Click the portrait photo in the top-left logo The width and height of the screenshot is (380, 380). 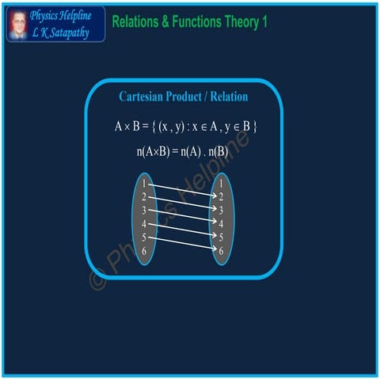pyautogui.click(x=17, y=24)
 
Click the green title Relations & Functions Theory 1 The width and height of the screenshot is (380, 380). pyautogui.click(x=189, y=21)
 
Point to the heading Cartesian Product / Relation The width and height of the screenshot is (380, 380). pyautogui.click(x=183, y=97)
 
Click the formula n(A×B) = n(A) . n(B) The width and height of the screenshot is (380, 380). pyautogui.click(x=183, y=150)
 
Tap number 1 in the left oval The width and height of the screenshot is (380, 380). pyautogui.click(x=144, y=184)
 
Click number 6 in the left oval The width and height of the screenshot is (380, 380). pyautogui.click(x=144, y=251)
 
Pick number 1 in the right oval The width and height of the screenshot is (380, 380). pyautogui.click(x=222, y=184)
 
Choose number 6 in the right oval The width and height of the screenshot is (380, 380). pyautogui.click(x=222, y=251)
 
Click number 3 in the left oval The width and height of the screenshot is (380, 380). pyautogui.click(x=144, y=211)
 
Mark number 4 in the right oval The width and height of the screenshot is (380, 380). pyautogui.click(x=222, y=224)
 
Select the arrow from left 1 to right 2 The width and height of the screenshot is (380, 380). pyautogui.click(x=183, y=191)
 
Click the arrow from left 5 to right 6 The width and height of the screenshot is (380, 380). pyautogui.click(x=183, y=244)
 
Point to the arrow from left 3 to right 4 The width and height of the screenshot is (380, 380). pyautogui.click(x=183, y=218)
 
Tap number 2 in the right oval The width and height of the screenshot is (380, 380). pyautogui.click(x=222, y=197)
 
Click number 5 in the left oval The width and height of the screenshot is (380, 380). pyautogui.click(x=144, y=237)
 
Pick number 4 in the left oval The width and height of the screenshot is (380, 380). pyautogui.click(x=144, y=224)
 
